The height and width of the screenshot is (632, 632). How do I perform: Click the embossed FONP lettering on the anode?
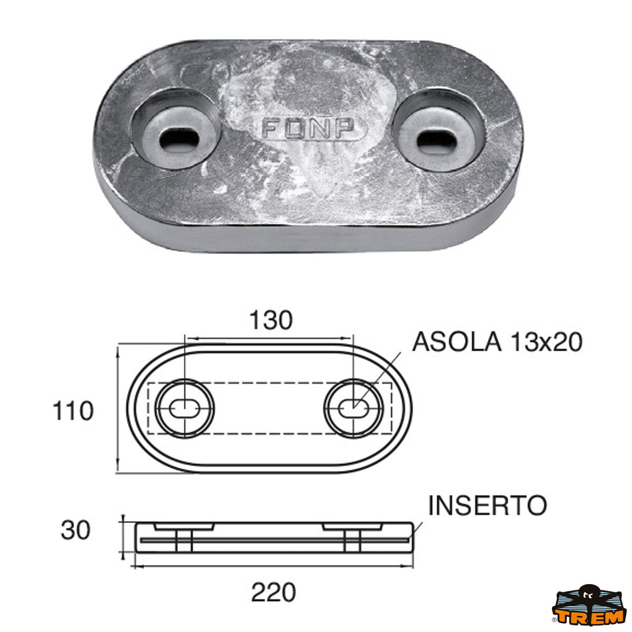click(x=308, y=128)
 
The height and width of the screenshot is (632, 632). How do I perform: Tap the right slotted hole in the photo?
click(x=437, y=139)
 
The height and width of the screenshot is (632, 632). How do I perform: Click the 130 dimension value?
click(x=271, y=320)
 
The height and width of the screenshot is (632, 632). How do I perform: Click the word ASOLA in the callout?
click(x=457, y=342)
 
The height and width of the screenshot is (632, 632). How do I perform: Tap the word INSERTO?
click(x=488, y=506)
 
